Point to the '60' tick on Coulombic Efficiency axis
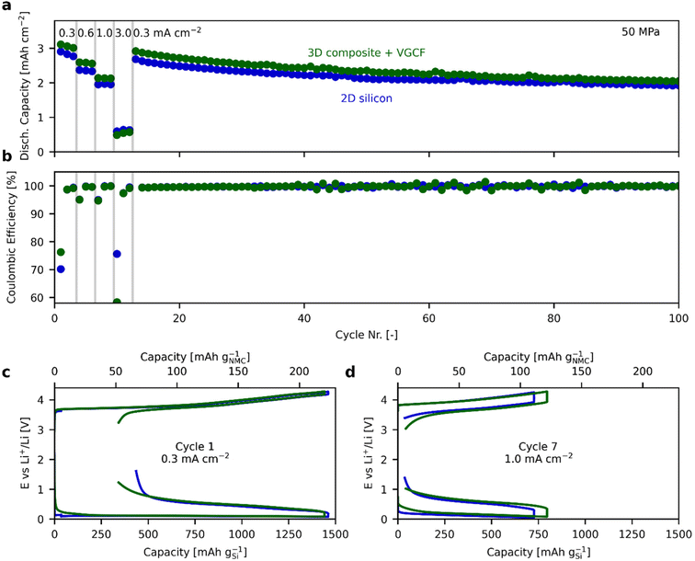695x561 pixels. [40, 297]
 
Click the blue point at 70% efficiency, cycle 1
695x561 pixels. [61, 269]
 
